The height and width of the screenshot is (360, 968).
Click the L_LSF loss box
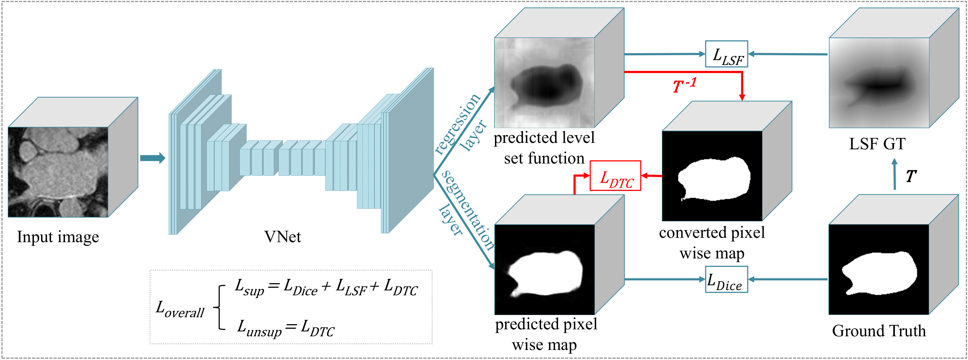click(726, 54)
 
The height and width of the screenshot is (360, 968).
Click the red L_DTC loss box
click(615, 176)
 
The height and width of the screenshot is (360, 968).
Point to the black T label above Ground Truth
click(911, 176)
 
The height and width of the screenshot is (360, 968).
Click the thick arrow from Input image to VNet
click(152, 158)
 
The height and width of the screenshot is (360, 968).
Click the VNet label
click(283, 237)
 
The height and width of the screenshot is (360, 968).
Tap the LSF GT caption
click(877, 144)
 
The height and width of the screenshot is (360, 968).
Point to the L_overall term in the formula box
click(180, 309)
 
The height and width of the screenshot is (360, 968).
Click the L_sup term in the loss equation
click(249, 288)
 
